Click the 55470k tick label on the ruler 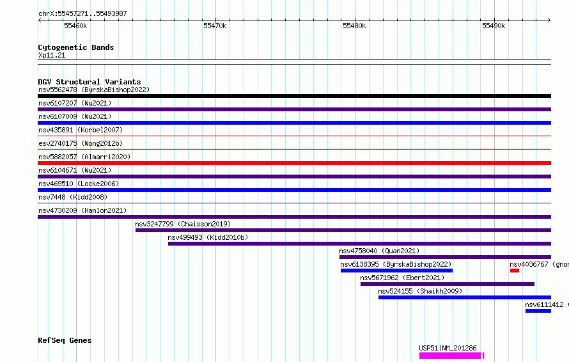coord(215,26)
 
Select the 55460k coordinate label coord(75,26)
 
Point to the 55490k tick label coord(494,26)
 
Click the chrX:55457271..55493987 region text coord(82,14)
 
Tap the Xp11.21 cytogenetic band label coord(52,55)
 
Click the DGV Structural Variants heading coord(90,82)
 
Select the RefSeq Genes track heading coord(65,340)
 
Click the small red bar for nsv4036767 coord(515,271)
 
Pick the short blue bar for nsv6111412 coord(538,311)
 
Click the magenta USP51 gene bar coord(451,356)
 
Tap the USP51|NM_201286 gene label coord(448,348)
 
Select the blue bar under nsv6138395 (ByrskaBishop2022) coord(396,271)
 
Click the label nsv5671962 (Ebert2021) coord(402,278)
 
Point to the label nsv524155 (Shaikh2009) coord(420,291)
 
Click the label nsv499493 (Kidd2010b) coord(208,237)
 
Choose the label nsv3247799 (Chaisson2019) coord(183,224)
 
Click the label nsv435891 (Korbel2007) coord(81,130)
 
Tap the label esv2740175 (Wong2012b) coord(81,143)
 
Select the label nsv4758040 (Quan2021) coord(379,251)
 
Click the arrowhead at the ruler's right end coord(549,20)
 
